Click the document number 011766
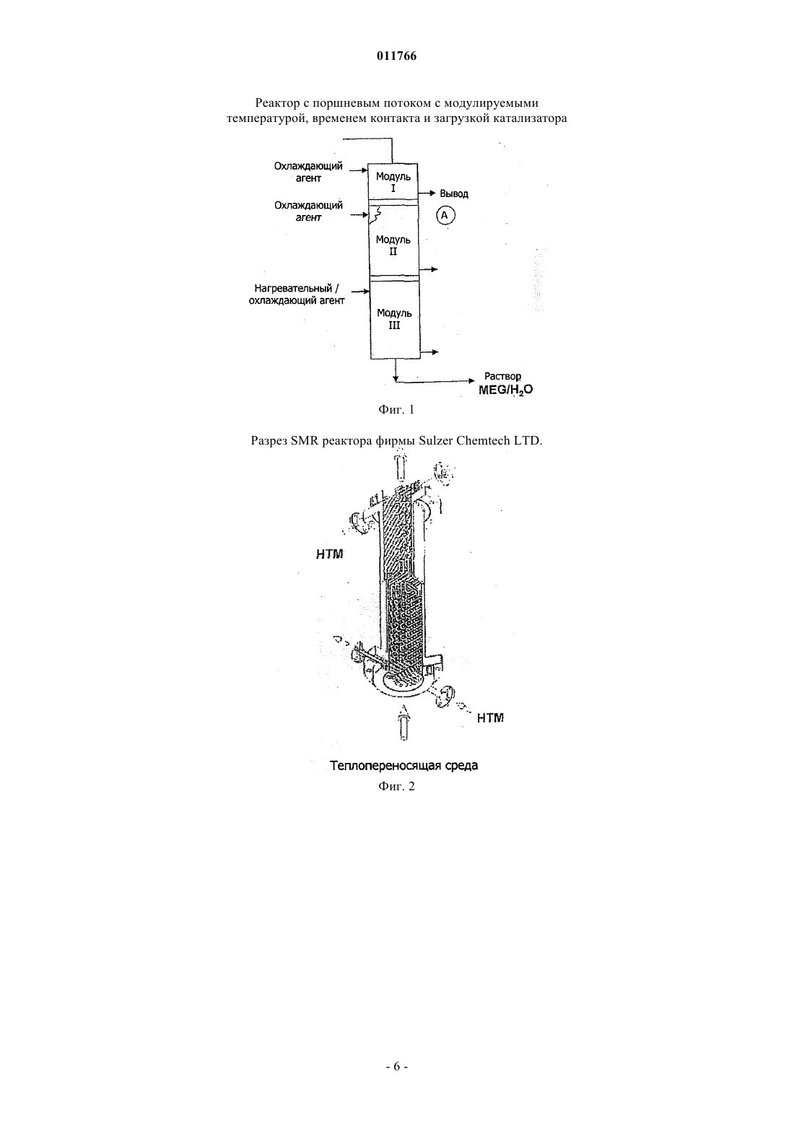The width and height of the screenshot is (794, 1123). pyautogui.click(x=396, y=56)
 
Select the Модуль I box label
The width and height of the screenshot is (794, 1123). pyautogui.click(x=393, y=183)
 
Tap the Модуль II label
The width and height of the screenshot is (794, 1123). pyautogui.click(x=393, y=245)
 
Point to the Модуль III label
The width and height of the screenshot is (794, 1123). pyautogui.click(x=395, y=319)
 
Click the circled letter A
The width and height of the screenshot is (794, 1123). pyautogui.click(x=445, y=216)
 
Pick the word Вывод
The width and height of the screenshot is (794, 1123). pyautogui.click(x=454, y=194)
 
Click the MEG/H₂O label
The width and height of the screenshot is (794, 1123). pyautogui.click(x=506, y=390)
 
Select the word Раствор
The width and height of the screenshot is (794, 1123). pyautogui.click(x=503, y=376)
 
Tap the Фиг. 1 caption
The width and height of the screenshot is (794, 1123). pyautogui.click(x=396, y=410)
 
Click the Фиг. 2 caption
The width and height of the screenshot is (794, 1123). pyautogui.click(x=396, y=786)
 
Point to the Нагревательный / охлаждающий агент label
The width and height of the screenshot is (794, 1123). pyautogui.click(x=297, y=294)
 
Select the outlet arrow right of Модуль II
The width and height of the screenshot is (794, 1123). pyautogui.click(x=429, y=269)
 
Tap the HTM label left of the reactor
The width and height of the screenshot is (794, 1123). pyautogui.click(x=330, y=554)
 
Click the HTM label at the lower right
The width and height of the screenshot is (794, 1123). pyautogui.click(x=490, y=718)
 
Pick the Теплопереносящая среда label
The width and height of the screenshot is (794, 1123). pyautogui.click(x=403, y=766)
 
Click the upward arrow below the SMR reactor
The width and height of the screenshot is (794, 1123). pyautogui.click(x=403, y=722)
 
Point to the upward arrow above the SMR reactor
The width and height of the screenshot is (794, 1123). pyautogui.click(x=401, y=466)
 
